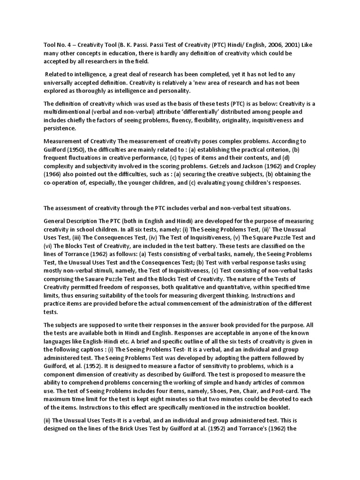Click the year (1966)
click(x=54, y=174)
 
